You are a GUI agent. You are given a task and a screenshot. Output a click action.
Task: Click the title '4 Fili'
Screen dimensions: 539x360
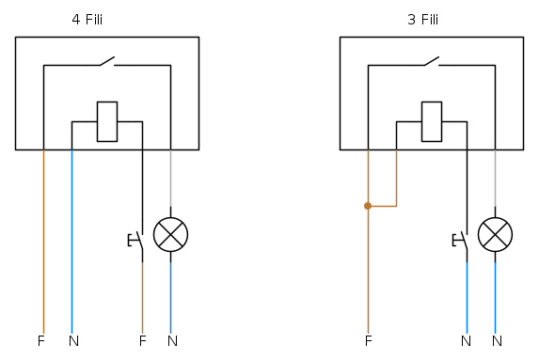[x=87, y=20]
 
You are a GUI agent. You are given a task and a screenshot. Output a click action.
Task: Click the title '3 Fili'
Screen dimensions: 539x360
[x=422, y=20]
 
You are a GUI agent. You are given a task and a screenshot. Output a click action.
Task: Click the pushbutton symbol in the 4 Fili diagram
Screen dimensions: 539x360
[x=136, y=241]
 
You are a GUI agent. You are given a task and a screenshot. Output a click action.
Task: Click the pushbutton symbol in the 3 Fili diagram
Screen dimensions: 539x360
[x=461, y=241]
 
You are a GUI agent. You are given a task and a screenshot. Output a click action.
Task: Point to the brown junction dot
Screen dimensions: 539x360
[x=368, y=206]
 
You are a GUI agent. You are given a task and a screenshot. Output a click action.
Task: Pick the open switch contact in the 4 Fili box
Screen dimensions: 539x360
[x=107, y=61]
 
